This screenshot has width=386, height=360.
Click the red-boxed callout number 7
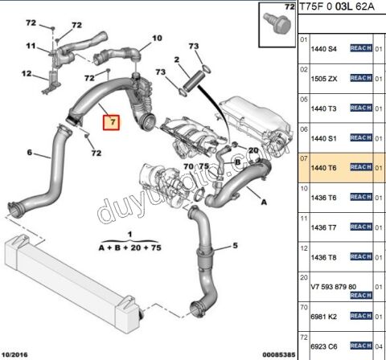[113, 124]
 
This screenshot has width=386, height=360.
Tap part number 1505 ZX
[324, 79]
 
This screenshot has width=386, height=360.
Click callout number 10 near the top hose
[157, 38]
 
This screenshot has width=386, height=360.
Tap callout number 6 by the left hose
[30, 152]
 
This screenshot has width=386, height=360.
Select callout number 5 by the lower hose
[236, 246]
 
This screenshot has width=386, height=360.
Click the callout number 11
[30, 47]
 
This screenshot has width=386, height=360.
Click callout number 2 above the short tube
[176, 59]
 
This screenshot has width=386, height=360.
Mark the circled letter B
[237, 162]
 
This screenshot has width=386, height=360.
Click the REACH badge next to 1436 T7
[359, 227]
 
